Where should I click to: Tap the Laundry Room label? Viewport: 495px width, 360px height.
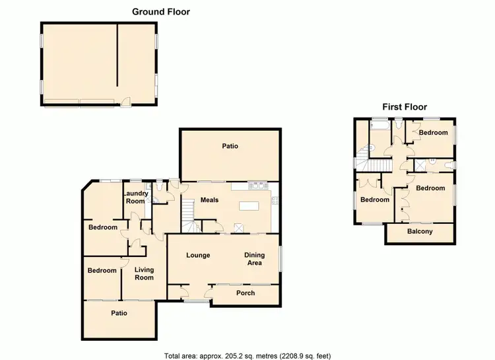click(135, 198)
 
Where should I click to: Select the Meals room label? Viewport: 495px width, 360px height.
click(209, 200)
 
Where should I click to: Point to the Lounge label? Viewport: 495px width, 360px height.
click(198, 255)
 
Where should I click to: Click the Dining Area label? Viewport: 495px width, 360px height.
click(253, 259)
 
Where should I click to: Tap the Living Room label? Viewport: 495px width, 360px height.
click(144, 273)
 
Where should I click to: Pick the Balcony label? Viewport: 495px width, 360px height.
click(420, 231)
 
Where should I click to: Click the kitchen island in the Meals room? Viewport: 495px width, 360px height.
click(250, 206)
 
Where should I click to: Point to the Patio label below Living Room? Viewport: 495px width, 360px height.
click(119, 313)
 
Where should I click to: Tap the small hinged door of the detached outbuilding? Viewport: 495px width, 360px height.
click(125, 102)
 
